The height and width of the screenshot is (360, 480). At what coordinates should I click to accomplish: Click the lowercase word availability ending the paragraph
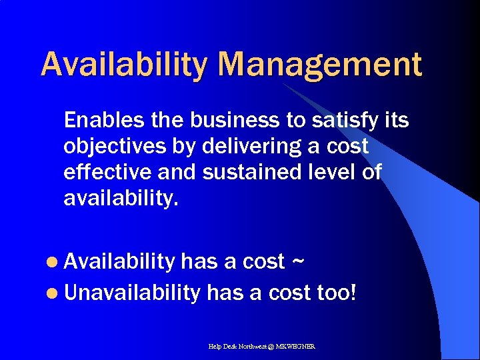(121, 198)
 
